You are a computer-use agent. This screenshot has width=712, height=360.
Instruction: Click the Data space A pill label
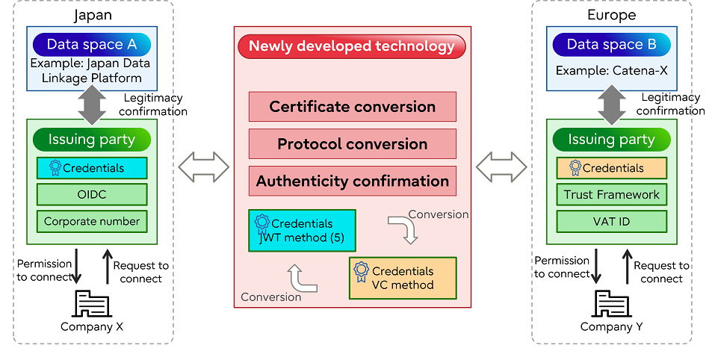(x=92, y=44)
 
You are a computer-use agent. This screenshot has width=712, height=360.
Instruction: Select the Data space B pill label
(x=611, y=44)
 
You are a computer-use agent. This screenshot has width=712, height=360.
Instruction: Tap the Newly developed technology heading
(x=351, y=46)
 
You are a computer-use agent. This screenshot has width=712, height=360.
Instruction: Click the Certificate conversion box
(x=352, y=107)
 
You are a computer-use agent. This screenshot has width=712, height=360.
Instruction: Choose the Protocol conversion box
(x=352, y=144)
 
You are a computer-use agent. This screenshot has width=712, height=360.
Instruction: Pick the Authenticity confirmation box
(x=352, y=181)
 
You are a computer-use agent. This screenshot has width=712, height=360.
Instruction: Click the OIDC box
(x=93, y=195)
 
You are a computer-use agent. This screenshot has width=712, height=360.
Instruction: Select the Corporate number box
(x=93, y=221)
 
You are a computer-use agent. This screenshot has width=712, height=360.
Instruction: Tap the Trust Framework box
(x=611, y=195)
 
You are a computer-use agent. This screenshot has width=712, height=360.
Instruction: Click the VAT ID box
(x=611, y=221)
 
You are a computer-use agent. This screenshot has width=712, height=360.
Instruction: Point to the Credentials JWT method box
(x=302, y=230)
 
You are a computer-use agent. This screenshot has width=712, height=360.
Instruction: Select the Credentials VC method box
(x=402, y=278)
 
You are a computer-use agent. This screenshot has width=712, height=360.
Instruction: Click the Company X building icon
(x=92, y=303)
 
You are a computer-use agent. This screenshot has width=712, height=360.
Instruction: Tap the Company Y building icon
(x=611, y=303)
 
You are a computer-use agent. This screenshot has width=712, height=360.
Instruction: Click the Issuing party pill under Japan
(x=92, y=140)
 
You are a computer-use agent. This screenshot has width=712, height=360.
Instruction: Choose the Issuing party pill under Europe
(x=611, y=140)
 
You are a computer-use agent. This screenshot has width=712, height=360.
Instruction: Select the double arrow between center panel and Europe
(x=501, y=166)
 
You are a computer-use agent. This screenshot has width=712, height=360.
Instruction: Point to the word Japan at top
(x=92, y=15)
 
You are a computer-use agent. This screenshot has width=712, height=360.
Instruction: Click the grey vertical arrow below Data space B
(x=611, y=105)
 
